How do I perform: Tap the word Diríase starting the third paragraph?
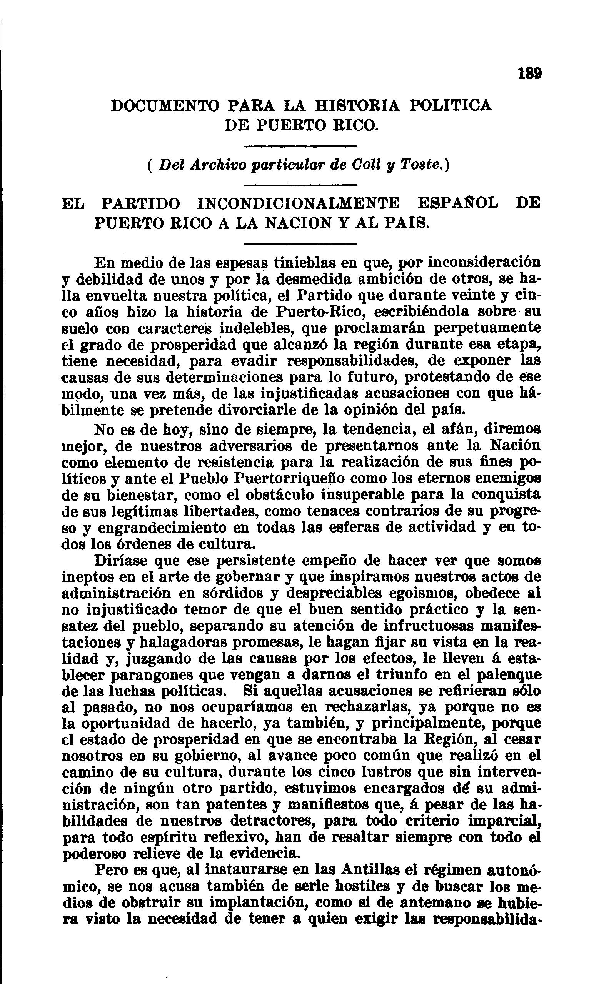pos(120,561)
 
